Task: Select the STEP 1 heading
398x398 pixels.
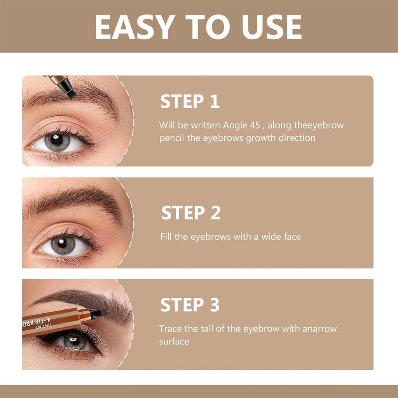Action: point(190,101)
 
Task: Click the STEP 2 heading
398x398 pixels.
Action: point(191,213)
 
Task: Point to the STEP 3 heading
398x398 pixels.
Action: point(190,305)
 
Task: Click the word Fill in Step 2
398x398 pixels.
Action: point(166,236)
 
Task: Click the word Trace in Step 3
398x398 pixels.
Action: point(171,329)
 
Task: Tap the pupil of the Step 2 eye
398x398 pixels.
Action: point(63,245)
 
